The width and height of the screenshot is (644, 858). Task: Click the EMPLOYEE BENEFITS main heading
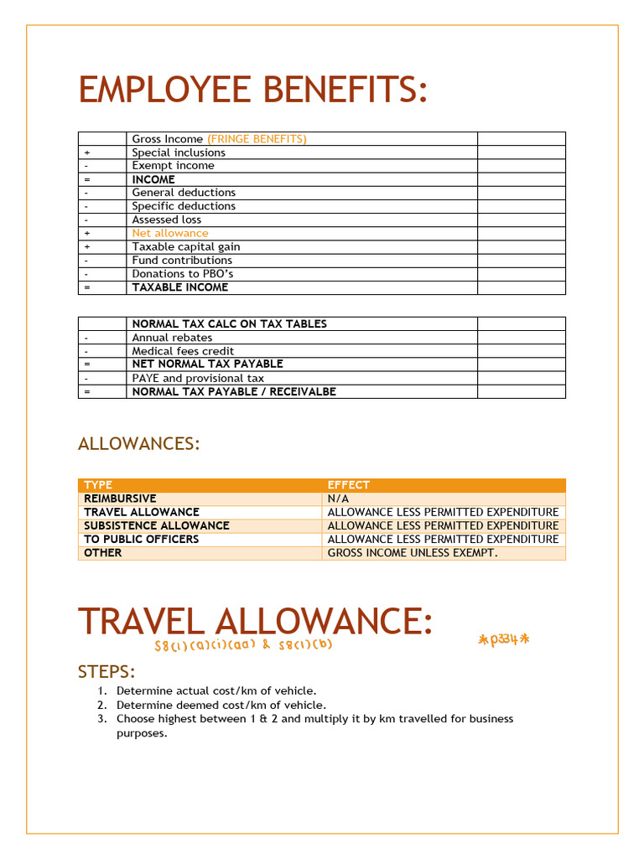point(252,90)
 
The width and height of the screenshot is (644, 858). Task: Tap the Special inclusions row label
point(179,152)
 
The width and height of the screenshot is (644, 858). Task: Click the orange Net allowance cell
point(170,233)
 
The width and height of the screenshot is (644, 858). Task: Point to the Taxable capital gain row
point(185,246)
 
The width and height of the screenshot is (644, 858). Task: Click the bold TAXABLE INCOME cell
point(179,287)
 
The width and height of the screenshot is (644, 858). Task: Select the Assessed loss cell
point(166,220)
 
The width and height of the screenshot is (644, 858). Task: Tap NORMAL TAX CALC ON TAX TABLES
point(229,323)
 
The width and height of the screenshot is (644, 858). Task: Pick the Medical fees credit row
point(183,351)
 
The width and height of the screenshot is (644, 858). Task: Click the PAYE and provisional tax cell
point(197,378)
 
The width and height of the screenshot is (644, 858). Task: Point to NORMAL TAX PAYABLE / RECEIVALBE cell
point(234,391)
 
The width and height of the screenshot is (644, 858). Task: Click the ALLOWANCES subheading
point(138,444)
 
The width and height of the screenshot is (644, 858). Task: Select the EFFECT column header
point(348,485)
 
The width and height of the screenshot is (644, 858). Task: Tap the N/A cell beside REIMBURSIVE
point(338,499)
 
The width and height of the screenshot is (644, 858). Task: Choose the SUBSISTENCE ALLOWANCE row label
point(156,525)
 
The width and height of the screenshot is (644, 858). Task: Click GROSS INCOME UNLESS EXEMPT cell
point(412,553)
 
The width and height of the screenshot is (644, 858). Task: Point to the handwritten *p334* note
point(504,640)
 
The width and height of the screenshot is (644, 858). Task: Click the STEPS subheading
point(106,672)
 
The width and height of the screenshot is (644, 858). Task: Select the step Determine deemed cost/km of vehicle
point(221,705)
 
